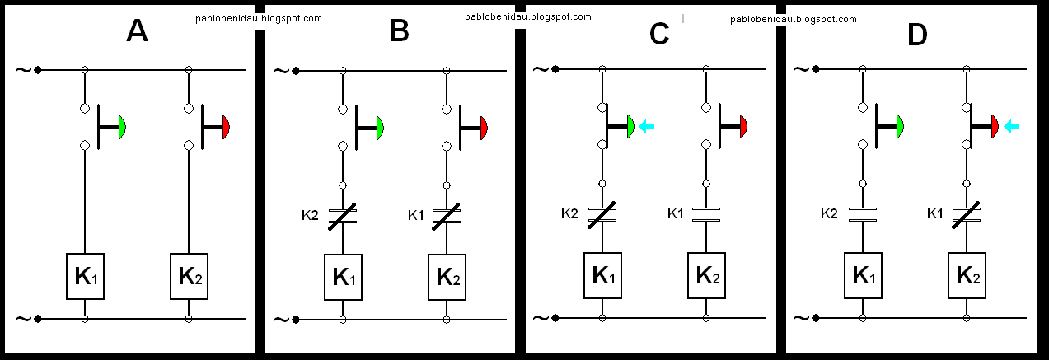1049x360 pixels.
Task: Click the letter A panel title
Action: [x=137, y=31]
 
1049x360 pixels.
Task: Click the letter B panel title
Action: [x=399, y=31]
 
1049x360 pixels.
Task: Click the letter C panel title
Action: [x=659, y=34]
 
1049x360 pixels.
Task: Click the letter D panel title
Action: [x=916, y=34]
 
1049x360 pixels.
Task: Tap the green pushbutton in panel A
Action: [x=121, y=127]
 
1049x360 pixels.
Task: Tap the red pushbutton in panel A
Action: [x=225, y=127]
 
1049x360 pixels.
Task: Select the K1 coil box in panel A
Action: [x=85, y=276]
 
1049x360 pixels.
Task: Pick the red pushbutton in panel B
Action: [x=483, y=128]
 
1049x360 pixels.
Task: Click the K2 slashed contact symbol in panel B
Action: [x=343, y=217]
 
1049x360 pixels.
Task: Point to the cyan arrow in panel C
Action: [x=647, y=126]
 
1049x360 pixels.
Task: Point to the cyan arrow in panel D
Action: [x=1012, y=126]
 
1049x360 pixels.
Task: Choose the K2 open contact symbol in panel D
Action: [x=862, y=214]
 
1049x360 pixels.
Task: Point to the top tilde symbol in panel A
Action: [x=22, y=70]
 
